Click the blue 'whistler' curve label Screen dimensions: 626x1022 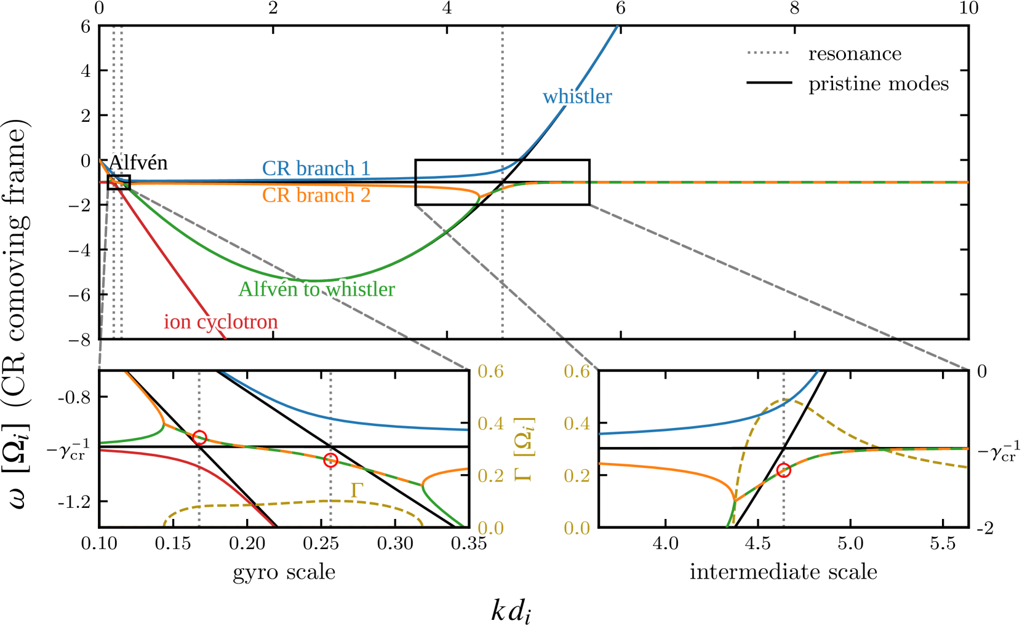(577, 97)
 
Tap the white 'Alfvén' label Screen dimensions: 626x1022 (139, 163)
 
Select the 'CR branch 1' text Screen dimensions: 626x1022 (316, 168)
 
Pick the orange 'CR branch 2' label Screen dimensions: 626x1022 (316, 195)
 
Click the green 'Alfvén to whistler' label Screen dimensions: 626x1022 (317, 289)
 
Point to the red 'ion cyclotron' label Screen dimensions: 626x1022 (220, 322)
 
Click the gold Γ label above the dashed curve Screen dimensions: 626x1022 (356, 490)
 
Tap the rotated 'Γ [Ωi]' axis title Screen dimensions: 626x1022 (523, 449)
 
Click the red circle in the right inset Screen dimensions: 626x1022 (783, 470)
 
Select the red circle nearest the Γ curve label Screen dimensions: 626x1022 (330, 460)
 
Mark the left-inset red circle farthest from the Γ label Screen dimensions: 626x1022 (199, 437)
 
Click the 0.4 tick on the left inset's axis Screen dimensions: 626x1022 (490, 424)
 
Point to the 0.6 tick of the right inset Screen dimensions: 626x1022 (577, 371)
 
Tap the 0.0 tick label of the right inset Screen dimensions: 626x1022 (577, 528)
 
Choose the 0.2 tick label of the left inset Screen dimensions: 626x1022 (490, 476)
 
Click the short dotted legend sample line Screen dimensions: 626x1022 (768, 53)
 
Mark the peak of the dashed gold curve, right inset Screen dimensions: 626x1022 (783, 400)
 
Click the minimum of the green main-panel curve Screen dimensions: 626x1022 (320, 281)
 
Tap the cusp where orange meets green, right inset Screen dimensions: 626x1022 (735, 501)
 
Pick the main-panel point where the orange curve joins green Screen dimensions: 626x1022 (479, 197)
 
